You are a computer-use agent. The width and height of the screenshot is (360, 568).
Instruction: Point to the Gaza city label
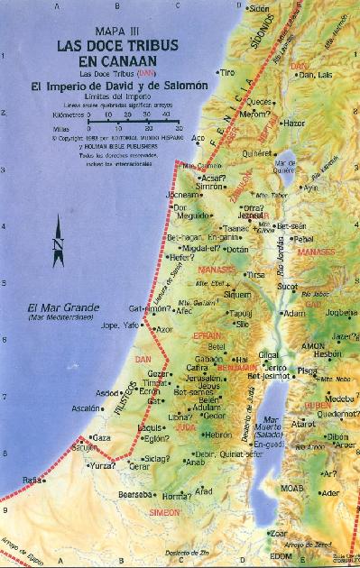(x=101, y=438)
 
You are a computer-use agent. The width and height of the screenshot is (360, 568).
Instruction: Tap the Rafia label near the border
(x=32, y=478)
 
